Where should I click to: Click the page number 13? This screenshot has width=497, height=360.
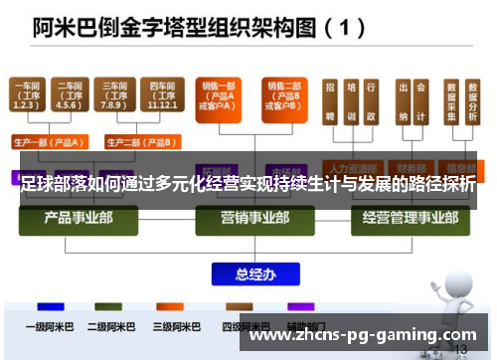click(459, 349)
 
